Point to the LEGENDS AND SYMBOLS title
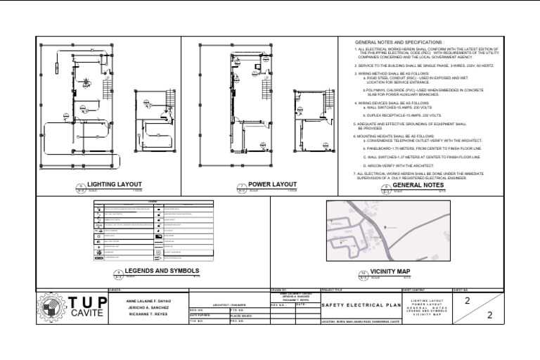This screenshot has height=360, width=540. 162,271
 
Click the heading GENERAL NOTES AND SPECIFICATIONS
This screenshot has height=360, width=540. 399,43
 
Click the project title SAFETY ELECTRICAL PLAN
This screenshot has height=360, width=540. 359,305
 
